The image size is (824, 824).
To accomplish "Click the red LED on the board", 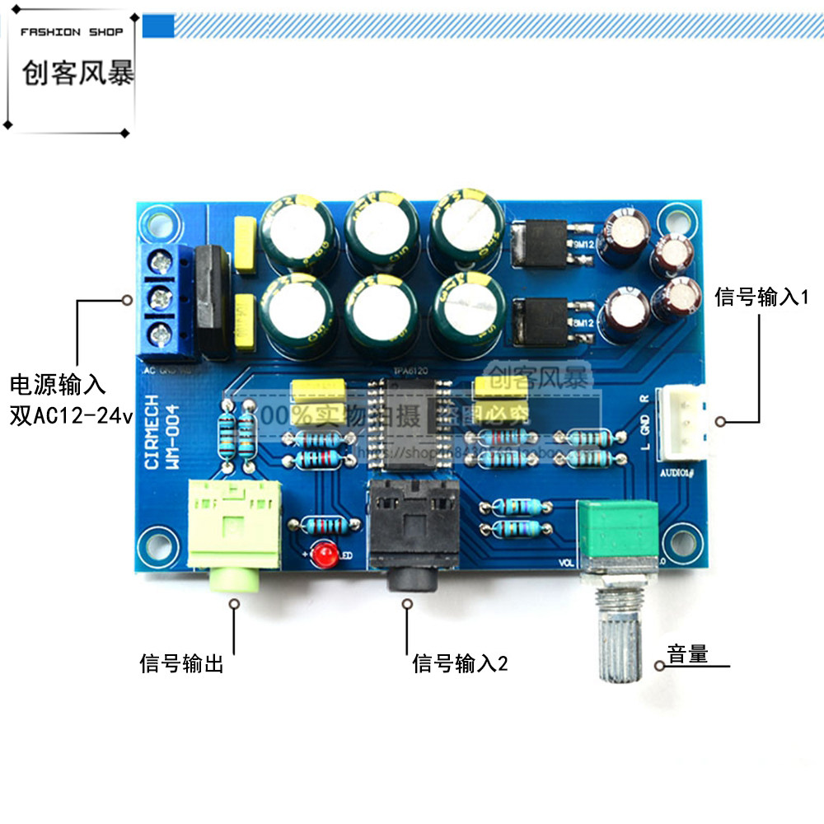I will point(322,552).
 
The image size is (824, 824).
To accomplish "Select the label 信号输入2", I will point(460,662).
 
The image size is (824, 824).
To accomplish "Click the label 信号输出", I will point(181,663).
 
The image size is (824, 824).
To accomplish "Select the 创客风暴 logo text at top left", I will point(77,76).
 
